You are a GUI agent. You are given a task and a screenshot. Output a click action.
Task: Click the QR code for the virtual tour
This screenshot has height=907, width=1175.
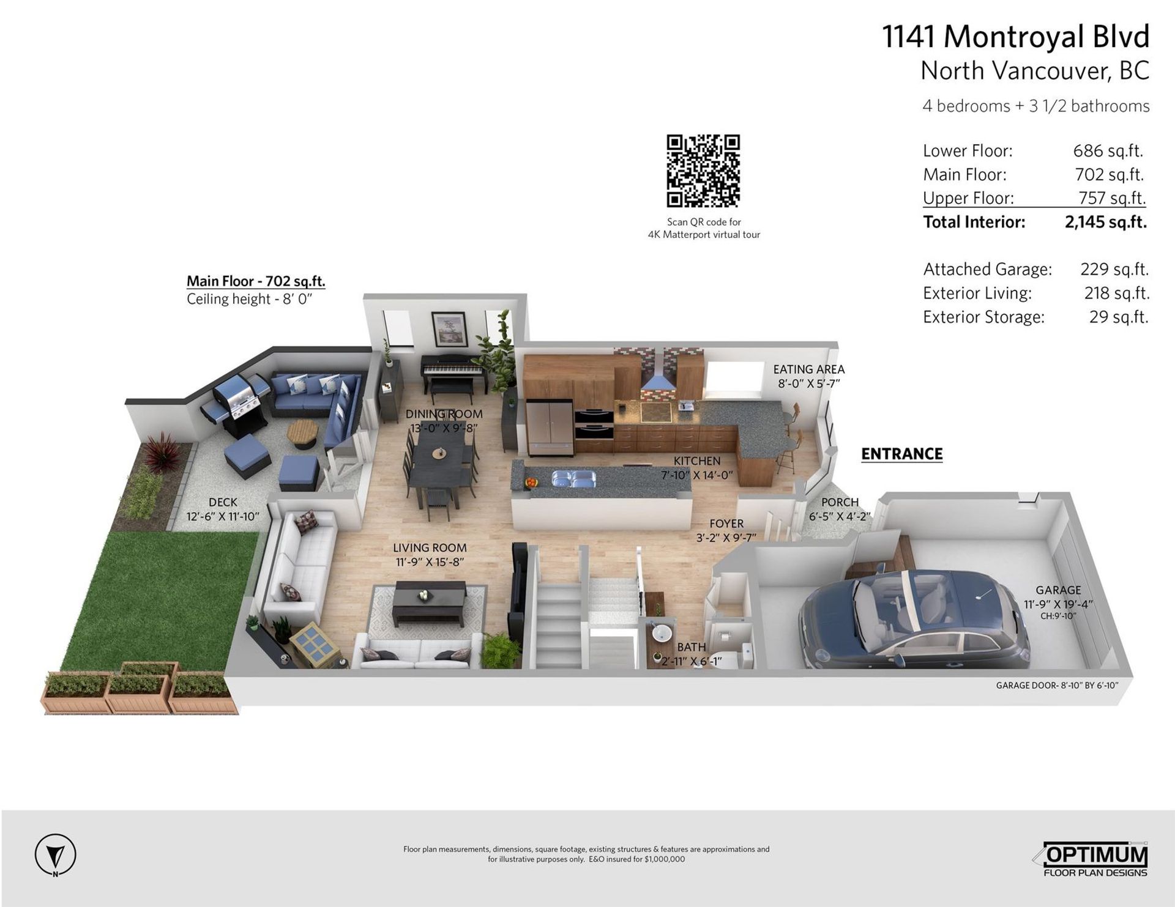tap(703, 171)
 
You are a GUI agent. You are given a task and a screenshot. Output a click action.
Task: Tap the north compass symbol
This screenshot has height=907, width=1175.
tap(56, 854)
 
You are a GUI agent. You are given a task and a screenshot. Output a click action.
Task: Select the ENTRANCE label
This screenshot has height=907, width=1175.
tap(902, 454)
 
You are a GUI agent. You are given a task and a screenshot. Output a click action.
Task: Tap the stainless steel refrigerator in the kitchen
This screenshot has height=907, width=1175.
tap(550, 428)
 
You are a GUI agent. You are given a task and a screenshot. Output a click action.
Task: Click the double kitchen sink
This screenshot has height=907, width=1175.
tap(573, 478)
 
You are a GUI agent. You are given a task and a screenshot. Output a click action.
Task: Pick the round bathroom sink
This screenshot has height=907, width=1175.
tap(662, 632)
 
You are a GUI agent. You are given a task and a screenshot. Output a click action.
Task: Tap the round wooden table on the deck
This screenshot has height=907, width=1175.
tap(303, 433)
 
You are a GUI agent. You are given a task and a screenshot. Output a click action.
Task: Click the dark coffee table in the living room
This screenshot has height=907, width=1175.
tap(430, 602)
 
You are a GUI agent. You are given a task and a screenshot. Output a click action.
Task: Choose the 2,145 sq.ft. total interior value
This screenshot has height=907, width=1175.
tap(1105, 221)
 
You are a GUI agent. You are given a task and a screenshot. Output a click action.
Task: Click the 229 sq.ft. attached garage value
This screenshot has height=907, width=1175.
tap(1114, 269)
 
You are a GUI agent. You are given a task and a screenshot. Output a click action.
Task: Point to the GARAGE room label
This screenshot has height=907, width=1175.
tap(1058, 590)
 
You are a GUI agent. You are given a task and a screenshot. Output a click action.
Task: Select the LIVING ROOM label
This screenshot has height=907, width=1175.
tap(430, 548)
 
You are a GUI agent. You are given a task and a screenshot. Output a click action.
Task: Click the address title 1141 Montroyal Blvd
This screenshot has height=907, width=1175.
tap(1016, 37)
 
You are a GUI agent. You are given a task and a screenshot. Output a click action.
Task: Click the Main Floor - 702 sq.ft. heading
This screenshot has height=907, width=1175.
tap(256, 281)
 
